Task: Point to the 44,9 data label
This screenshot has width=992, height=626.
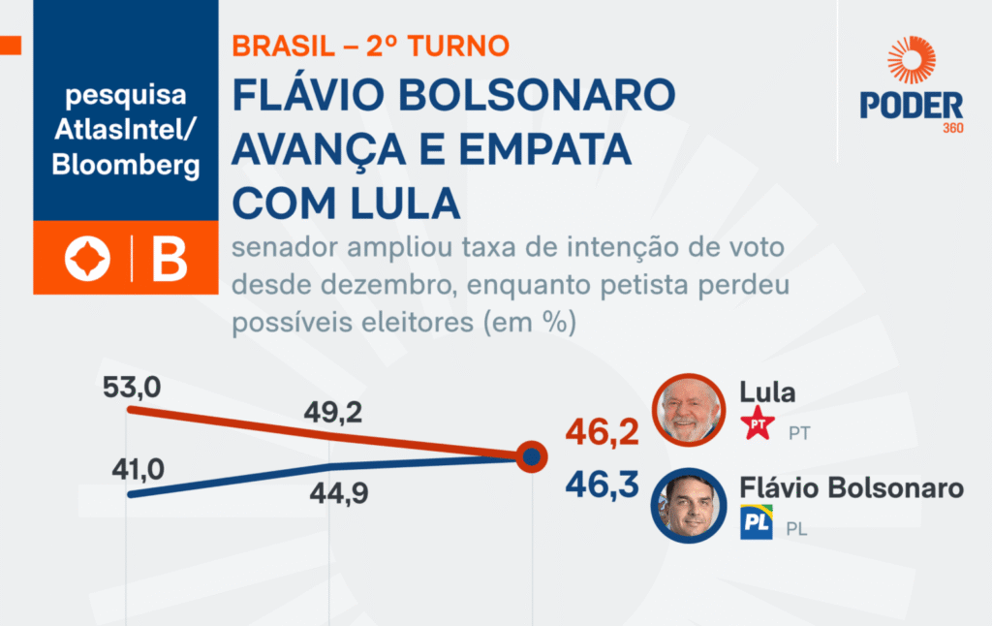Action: coord(340,496)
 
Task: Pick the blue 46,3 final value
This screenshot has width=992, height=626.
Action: coord(603,484)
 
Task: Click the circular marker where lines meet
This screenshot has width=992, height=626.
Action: coord(530,456)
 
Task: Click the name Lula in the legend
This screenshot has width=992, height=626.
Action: coord(767,392)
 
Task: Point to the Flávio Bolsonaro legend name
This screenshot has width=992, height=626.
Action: coord(852,487)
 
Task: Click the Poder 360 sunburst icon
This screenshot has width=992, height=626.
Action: coord(911,60)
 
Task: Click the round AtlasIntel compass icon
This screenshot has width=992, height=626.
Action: coord(87,259)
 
